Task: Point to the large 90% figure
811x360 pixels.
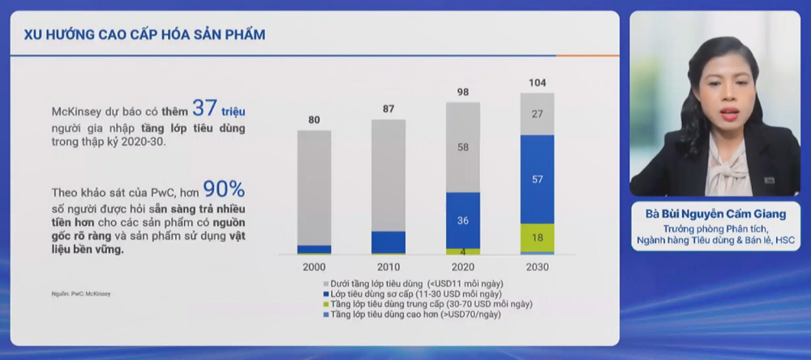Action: coord(224,189)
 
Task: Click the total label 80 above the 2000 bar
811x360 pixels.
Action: coord(314,120)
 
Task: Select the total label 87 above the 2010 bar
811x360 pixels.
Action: coord(388,109)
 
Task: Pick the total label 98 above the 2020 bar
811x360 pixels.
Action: coord(462,92)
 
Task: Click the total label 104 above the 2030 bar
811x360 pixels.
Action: coord(537,83)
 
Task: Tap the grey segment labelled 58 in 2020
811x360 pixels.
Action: coord(462,147)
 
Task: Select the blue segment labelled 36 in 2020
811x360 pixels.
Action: coord(462,220)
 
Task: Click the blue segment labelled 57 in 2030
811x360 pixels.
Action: coord(537,178)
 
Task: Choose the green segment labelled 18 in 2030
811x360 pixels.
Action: coord(537,237)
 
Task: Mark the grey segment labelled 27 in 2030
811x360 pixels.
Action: coord(537,114)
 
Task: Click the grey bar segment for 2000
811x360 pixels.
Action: coord(314,186)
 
